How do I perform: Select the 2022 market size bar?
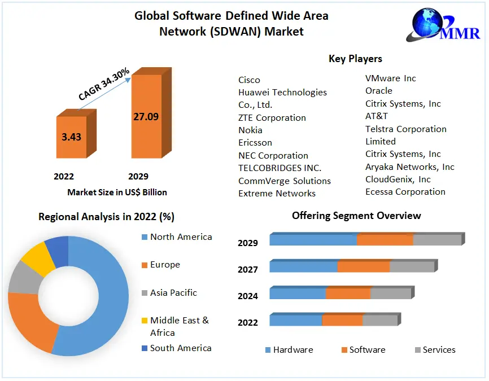point(71,137)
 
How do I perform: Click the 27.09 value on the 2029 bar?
point(146,117)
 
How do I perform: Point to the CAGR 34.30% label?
point(104,85)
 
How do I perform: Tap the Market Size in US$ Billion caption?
point(117,192)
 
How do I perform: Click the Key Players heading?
point(355,59)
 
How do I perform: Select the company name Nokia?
point(250,130)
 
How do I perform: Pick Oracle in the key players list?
point(378,90)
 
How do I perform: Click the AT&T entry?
point(377,116)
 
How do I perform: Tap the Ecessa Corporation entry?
point(405,191)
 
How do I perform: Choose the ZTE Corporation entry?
point(272,117)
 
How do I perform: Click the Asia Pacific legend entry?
point(173,292)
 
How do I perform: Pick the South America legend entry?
point(181,348)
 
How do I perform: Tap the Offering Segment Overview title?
point(356,216)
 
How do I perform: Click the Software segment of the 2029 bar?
point(385,240)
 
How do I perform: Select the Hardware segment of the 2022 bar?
point(295,321)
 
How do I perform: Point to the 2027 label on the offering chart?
point(248,270)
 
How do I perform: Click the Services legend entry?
point(438,349)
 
